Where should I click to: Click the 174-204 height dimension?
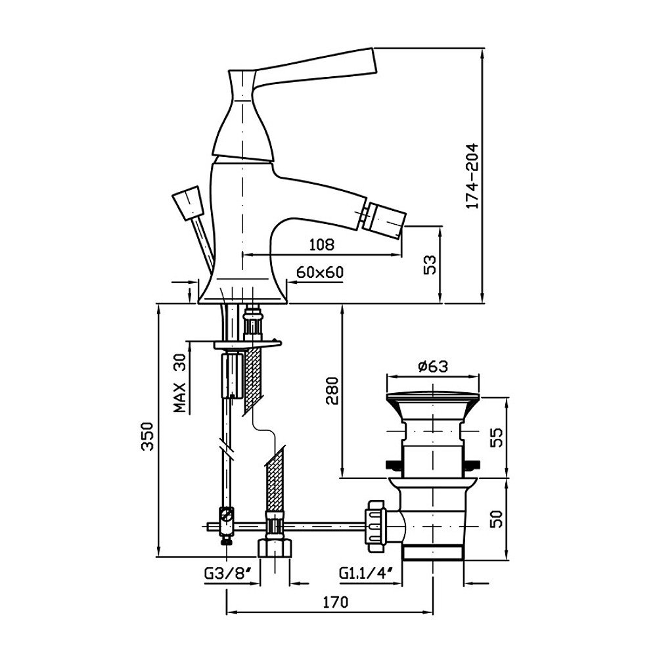click(471, 177)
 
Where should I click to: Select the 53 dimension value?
click(430, 265)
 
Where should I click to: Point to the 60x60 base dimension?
click(320, 272)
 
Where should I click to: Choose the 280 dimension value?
click(332, 392)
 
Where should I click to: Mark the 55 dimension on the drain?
click(497, 437)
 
